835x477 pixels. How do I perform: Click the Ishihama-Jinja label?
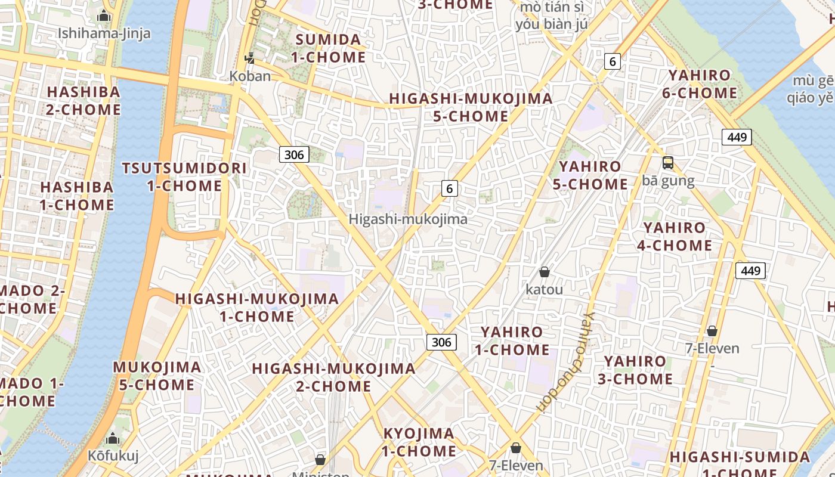104,33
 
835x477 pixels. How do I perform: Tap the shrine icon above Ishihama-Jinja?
104,16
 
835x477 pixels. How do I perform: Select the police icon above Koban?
250,58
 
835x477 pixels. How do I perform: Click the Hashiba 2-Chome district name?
83,101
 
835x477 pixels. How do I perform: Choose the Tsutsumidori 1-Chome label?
184,176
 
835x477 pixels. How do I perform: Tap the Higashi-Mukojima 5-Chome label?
471,107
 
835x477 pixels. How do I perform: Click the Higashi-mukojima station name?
408,219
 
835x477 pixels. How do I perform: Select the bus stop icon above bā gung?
668,163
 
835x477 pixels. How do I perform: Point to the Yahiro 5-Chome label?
590,175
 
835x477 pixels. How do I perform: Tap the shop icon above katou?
544,272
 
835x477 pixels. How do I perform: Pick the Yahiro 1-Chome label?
512,340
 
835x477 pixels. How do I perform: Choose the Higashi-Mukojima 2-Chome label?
333,377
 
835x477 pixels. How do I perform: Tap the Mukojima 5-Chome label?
157,376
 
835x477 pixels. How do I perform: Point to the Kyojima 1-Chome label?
419,442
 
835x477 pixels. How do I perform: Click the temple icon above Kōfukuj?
113,440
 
